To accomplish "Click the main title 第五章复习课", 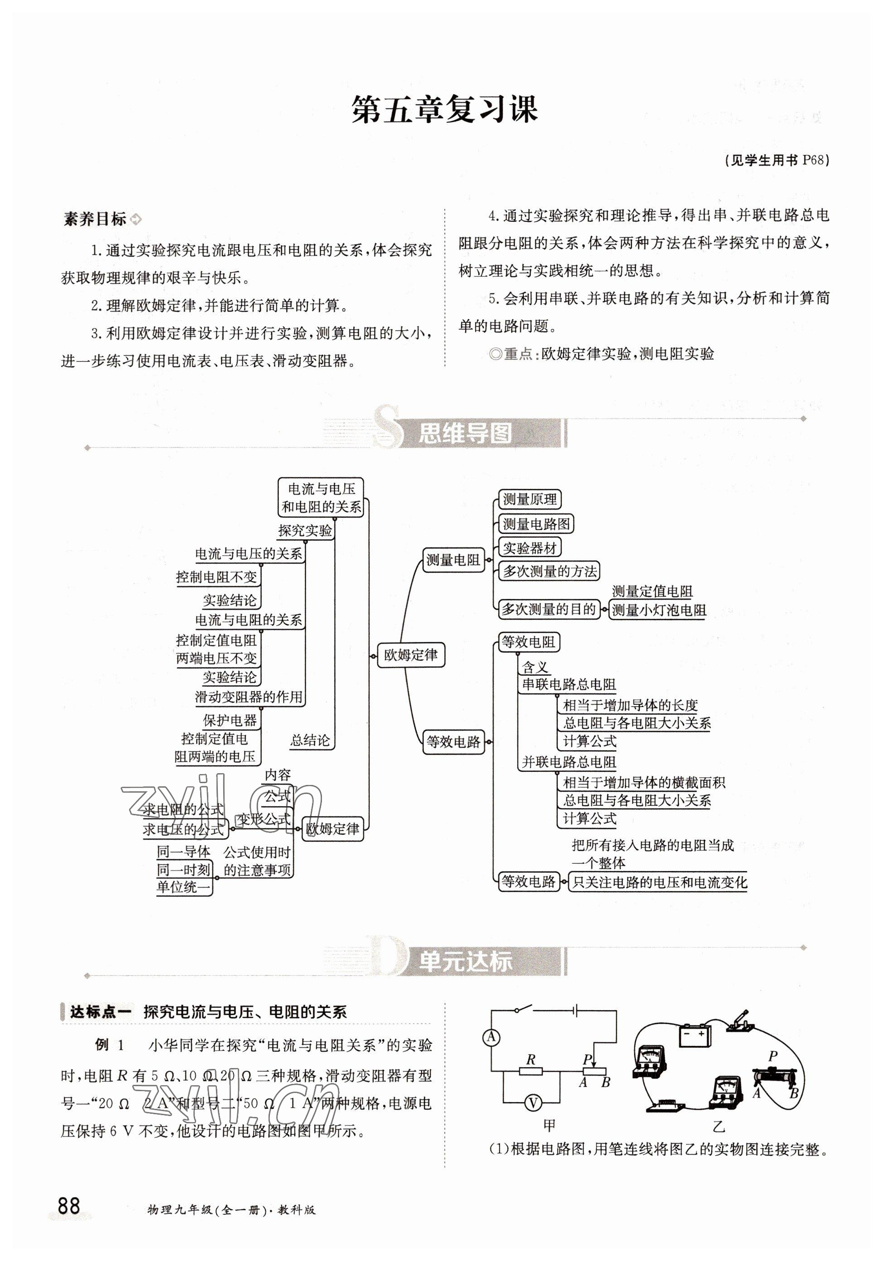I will tap(444, 109).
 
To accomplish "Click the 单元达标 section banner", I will tap(465, 962).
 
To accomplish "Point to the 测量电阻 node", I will tap(453, 560).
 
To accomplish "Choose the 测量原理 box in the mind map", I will tap(529, 499).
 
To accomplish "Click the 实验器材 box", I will tap(529, 548).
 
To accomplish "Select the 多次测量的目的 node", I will tap(548, 609).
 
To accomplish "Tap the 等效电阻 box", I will tap(528, 641).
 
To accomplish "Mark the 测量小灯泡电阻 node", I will tap(658, 610).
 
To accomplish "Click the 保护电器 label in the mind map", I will tap(230, 720).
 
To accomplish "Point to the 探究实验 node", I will tap(305, 530).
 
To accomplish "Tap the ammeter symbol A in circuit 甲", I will tap(491, 1037).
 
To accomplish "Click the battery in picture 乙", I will tap(695, 1035).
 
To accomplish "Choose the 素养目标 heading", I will tap(95, 219).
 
